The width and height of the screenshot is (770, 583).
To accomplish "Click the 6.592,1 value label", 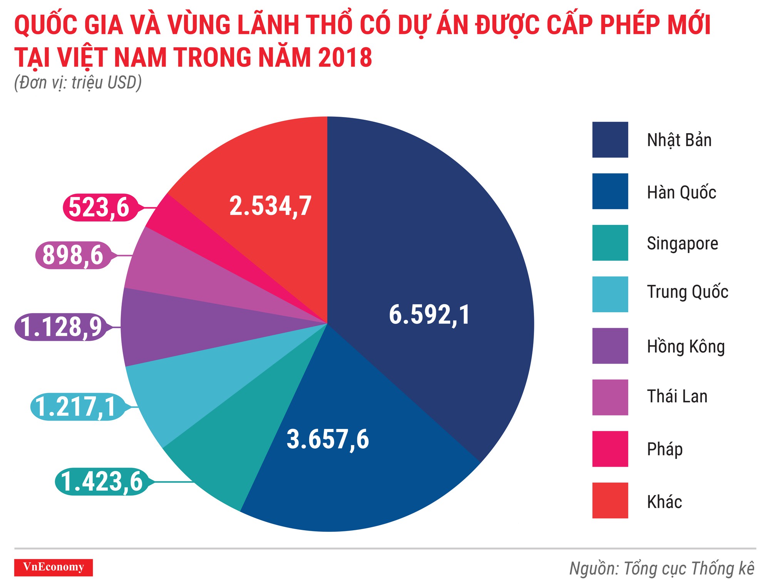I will (429, 315).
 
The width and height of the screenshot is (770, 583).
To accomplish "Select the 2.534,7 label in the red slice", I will (270, 206).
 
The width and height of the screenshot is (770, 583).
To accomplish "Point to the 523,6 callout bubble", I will (99, 208).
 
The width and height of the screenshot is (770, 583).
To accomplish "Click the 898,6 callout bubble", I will (73, 255).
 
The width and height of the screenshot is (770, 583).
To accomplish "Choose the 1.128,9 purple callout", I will (61, 327).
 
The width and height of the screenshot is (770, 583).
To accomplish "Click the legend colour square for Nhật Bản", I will (610, 140).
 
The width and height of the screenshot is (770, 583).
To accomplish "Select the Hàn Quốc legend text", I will (681, 192).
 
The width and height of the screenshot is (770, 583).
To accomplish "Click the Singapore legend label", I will (682, 243).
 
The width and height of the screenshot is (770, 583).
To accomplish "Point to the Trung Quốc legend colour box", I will (610, 294).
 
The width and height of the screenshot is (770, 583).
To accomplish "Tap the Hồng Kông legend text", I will (686, 346).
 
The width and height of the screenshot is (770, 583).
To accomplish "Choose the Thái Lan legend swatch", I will (610, 397).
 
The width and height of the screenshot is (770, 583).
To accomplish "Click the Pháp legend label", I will (665, 449).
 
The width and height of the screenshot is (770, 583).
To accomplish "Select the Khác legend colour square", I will (610, 500).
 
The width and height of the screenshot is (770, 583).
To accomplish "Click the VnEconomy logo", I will (54, 567).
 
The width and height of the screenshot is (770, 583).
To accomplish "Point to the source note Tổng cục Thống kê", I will (662, 568).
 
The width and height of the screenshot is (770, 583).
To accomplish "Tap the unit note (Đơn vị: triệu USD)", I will (78, 83).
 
